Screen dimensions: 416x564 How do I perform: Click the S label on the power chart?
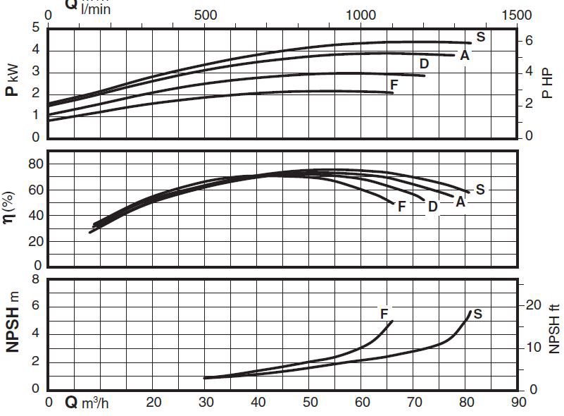point(480,37)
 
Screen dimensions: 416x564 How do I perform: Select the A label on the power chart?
point(465,55)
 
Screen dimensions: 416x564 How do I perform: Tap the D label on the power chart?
point(425,64)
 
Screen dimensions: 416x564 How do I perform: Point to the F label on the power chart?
point(394,85)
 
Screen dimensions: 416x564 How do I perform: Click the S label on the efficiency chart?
point(480,189)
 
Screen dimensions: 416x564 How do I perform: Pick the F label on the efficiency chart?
point(401,207)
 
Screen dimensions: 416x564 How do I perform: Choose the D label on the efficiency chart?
point(433,206)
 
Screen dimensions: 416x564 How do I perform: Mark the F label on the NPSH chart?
point(384,313)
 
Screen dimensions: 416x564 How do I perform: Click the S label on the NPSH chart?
point(477,314)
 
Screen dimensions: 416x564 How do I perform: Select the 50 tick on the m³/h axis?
point(311,403)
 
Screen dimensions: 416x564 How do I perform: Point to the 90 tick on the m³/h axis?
point(518,403)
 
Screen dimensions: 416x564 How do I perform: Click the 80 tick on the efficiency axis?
point(35,164)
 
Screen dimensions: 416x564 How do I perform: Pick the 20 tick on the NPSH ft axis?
point(533,305)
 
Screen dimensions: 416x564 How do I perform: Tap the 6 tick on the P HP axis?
point(529,42)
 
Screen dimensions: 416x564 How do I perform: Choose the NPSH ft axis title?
point(554,327)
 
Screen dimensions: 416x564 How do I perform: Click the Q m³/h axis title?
point(85,403)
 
